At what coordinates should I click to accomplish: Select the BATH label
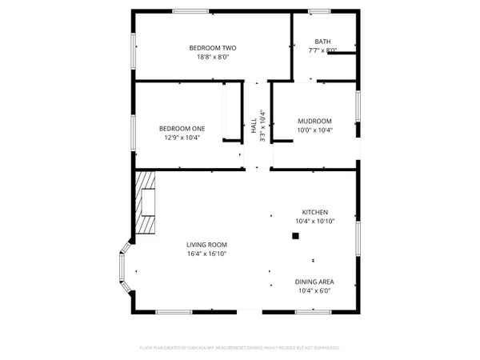coord(322,42)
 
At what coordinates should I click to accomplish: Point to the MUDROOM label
coord(314,121)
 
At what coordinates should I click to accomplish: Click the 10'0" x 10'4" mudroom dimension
coord(314,130)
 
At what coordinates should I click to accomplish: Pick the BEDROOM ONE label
coord(182,129)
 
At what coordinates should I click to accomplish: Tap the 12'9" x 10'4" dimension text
coord(182,138)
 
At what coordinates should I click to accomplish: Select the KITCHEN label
coord(314,212)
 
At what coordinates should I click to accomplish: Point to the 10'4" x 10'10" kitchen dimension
coord(314,221)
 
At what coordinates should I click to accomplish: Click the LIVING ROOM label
coord(207,245)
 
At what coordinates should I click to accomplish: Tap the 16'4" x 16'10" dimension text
coord(207,254)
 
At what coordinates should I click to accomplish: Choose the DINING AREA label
coord(314,282)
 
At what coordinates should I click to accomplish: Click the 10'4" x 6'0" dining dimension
coord(314,290)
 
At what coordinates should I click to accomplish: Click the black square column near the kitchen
coord(295,236)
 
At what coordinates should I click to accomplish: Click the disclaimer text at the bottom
coord(240,349)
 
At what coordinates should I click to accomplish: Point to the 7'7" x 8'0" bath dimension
coord(322,50)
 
